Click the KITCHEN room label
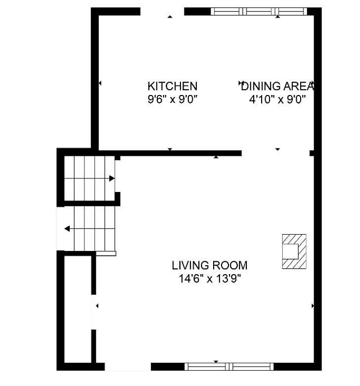coord(173,86)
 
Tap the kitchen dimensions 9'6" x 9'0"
coord(173,99)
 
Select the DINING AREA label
coord(277,86)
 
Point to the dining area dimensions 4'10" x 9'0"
coord(277,99)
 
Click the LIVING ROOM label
coord(210,265)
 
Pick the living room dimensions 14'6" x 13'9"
coord(210,279)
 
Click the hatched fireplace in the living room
coord(294,251)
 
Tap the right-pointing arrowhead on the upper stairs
coord(112,179)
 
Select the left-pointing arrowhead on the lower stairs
coord(67,229)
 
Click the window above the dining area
coord(259,11)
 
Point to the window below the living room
coord(229,367)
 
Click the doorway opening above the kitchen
coord(162,11)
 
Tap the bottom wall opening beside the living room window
coord(128,367)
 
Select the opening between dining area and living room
coord(275,153)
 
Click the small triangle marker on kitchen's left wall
coord(100,83)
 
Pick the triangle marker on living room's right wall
coord(313,306)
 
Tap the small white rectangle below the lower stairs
coord(106,253)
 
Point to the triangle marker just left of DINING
coord(240,83)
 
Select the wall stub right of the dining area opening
coord(312,153)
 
